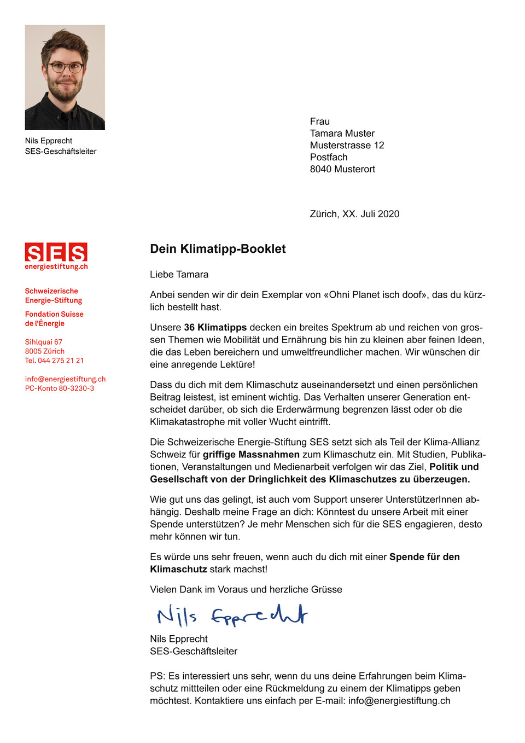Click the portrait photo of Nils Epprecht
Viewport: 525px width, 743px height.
[65, 77]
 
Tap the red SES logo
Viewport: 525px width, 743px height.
[56, 253]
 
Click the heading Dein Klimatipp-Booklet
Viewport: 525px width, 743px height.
[218, 249]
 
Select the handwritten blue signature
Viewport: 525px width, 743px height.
[232, 616]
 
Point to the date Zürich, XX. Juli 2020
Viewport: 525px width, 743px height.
[354, 214]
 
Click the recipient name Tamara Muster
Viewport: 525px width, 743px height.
[342, 133]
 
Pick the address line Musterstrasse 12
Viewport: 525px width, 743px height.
[347, 146]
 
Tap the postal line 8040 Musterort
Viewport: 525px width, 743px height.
[342, 170]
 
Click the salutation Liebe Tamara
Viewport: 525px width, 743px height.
[179, 275]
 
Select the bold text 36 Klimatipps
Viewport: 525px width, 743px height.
[215, 328]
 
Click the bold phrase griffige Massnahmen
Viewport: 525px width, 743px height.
[251, 455]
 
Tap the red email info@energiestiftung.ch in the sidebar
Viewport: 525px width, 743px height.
[65, 379]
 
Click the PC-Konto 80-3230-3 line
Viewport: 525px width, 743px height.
[59, 388]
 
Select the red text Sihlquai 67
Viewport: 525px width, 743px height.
[43, 342]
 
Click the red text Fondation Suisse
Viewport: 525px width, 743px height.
[54, 314]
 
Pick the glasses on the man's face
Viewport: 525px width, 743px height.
[65, 68]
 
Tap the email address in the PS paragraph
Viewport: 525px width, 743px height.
[399, 701]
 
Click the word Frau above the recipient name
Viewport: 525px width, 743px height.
[319, 121]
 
